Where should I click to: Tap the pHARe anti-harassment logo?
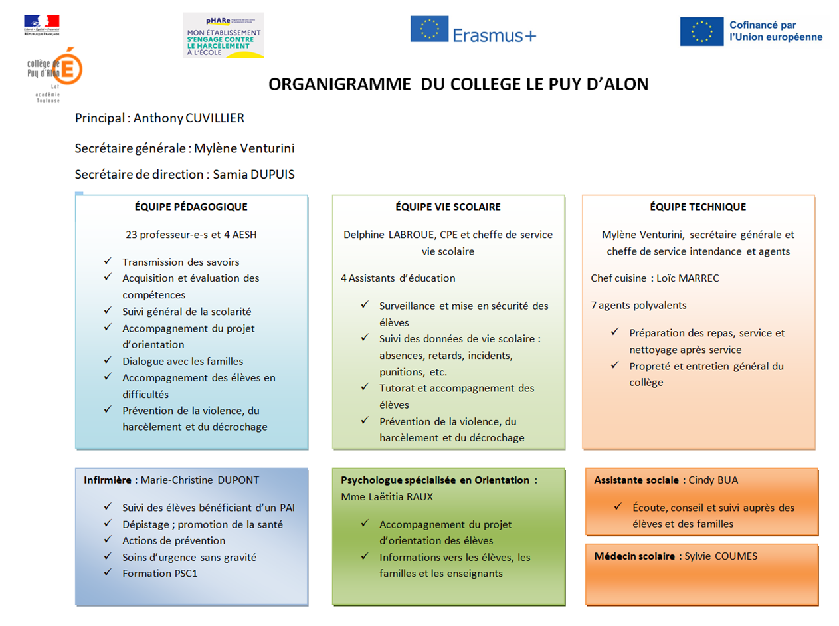click(x=223, y=35)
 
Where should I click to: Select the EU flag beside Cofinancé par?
click(x=701, y=31)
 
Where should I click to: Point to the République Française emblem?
click(x=41, y=25)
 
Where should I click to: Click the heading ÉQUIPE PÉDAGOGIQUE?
click(x=191, y=207)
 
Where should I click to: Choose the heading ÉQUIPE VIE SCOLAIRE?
click(x=448, y=207)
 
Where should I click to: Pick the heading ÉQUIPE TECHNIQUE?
click(x=698, y=207)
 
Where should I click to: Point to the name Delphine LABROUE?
click(x=385, y=234)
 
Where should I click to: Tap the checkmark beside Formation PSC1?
click(x=108, y=572)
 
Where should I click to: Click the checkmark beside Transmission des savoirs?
click(x=108, y=261)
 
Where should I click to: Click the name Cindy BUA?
click(x=713, y=480)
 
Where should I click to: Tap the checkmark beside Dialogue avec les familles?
click(x=108, y=360)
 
